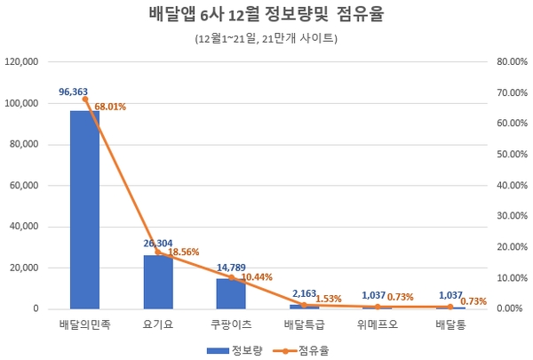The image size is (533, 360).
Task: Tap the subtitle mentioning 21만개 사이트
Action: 266,39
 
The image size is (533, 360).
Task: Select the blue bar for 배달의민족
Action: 84,210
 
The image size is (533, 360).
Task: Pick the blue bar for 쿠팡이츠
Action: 231,293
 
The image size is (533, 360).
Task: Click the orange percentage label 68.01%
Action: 110,107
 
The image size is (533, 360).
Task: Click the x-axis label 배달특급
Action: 304,324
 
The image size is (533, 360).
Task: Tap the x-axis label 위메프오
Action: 378,324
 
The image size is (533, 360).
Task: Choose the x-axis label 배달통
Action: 450,324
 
